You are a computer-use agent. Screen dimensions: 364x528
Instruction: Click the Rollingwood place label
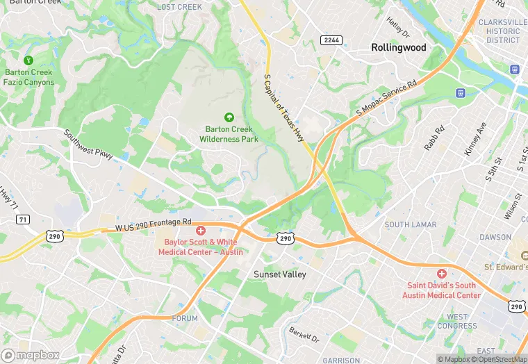click(398, 47)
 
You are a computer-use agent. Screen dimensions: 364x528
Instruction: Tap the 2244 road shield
click(331, 40)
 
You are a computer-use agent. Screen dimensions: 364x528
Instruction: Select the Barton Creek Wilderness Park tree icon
click(230, 117)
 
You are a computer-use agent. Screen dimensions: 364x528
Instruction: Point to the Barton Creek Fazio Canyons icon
click(28, 60)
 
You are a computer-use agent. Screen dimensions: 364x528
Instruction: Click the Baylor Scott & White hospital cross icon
click(201, 231)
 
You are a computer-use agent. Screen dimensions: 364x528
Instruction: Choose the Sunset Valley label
click(279, 274)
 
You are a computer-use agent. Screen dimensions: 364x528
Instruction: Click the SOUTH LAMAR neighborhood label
click(411, 225)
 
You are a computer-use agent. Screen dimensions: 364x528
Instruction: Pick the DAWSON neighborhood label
click(495, 237)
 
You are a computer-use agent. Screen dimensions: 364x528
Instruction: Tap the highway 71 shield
click(24, 220)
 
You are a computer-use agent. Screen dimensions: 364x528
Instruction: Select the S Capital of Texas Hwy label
click(284, 108)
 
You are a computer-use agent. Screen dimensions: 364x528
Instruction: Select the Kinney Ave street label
click(475, 138)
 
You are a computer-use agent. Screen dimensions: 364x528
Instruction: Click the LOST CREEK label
click(179, 7)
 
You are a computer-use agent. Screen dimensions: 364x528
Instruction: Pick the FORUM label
click(185, 318)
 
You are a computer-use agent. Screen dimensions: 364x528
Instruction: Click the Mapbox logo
click(30, 355)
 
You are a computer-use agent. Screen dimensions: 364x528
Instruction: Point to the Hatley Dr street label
click(399, 28)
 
